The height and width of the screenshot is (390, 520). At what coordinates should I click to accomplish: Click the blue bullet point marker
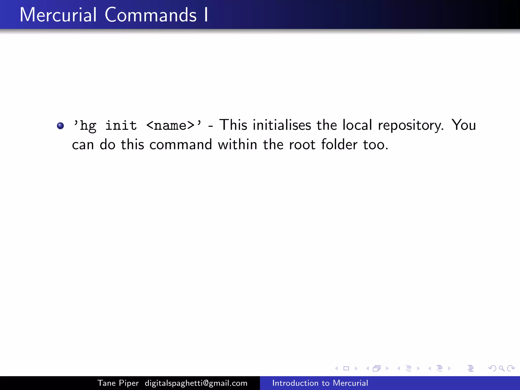coord(60,126)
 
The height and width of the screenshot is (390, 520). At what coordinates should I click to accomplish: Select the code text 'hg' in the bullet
coord(88,126)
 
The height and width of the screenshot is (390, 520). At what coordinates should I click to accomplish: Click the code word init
coord(121,125)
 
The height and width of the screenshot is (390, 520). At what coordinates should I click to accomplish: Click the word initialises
coord(282,125)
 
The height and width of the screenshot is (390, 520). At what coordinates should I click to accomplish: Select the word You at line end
coord(464,125)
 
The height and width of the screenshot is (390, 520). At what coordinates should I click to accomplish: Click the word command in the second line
coord(181,145)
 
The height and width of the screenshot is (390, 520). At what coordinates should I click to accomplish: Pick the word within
coord(237,145)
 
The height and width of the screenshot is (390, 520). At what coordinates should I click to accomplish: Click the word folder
coord(339,145)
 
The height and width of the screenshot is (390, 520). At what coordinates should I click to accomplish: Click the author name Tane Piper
coord(118,383)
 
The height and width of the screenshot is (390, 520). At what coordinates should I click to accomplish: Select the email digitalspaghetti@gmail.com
coord(196,383)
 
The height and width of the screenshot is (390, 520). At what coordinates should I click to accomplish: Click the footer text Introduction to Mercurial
coord(320,383)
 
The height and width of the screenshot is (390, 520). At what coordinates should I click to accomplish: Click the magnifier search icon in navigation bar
coord(501,368)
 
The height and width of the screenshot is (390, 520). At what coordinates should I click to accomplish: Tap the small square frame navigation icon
coord(346,368)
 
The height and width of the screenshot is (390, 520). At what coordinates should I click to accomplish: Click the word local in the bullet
coord(357,125)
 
